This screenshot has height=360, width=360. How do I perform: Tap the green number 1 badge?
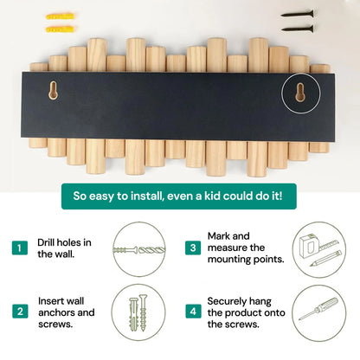click(19, 248)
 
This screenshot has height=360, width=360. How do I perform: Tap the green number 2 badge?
click(19, 310)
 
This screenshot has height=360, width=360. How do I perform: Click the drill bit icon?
click(136, 248)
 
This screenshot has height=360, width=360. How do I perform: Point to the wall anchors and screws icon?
click(136, 311)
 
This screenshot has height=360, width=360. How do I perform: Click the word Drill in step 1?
click(49, 242)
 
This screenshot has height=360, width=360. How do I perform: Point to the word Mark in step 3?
click(221, 235)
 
